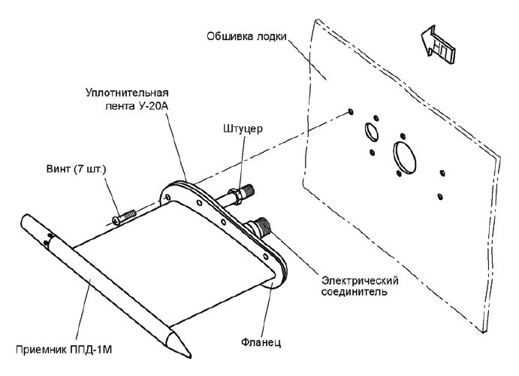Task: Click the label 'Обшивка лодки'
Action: [246, 36]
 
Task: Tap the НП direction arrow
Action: [438, 44]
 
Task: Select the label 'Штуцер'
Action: [243, 128]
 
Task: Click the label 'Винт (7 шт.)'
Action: [76, 169]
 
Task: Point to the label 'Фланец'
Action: [261, 341]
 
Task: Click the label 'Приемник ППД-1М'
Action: [64, 350]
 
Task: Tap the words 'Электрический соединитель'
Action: [360, 287]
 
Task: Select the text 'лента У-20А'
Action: [137, 106]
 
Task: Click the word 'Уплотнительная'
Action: [127, 92]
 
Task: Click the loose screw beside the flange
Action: [124, 217]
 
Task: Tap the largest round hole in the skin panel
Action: [405, 158]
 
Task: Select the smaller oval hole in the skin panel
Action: [371, 132]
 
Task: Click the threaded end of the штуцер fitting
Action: [249, 190]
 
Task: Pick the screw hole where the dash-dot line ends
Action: [351, 111]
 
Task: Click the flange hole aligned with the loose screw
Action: [167, 198]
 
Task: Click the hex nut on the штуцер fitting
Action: [234, 196]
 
